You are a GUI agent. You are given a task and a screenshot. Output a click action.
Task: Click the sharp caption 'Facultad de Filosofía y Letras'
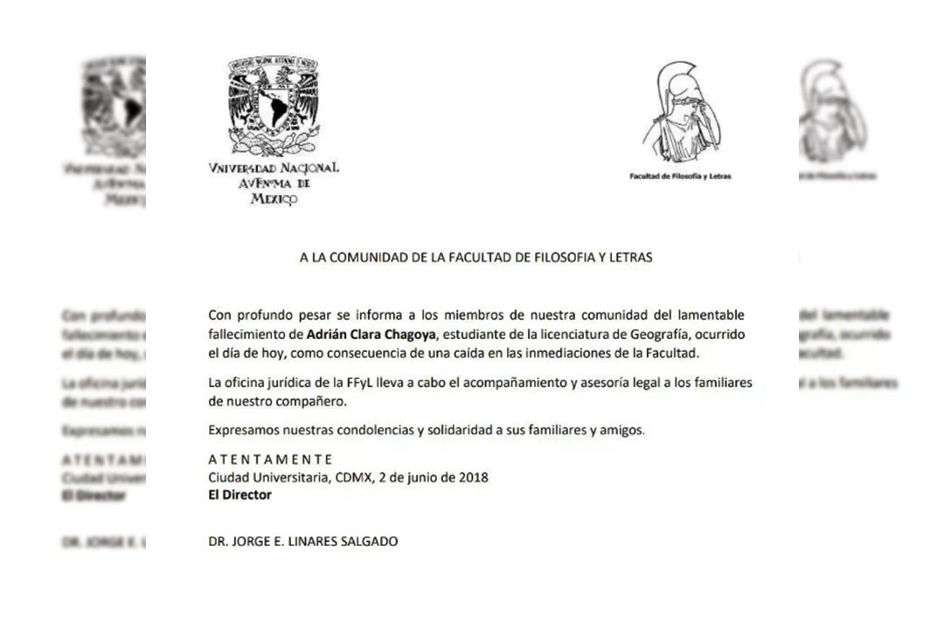[x=680, y=176]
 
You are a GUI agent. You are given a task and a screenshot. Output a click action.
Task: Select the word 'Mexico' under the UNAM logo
[x=273, y=199]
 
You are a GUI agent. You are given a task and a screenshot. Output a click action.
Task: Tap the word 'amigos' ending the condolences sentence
[x=621, y=430]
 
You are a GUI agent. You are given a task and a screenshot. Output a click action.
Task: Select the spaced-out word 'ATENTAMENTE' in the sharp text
[x=271, y=459]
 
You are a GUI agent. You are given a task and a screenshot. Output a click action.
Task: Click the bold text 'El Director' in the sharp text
[x=239, y=495]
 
